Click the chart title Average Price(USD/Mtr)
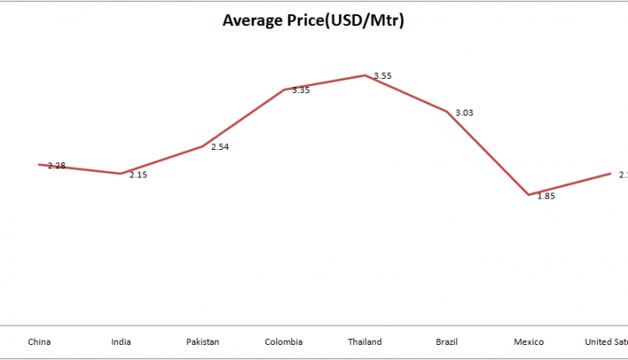313,20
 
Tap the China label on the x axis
39,342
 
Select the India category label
121,342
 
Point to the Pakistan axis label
202,342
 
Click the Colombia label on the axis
284,342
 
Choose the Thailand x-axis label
365,342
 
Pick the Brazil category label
446,342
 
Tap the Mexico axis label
528,342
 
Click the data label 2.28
57,166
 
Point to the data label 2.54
220,147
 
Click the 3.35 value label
301,90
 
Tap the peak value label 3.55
383,76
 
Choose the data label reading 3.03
464,112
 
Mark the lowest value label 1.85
545,196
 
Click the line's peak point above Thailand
365,75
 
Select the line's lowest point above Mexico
528,195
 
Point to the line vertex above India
121,173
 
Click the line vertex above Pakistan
202,147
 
